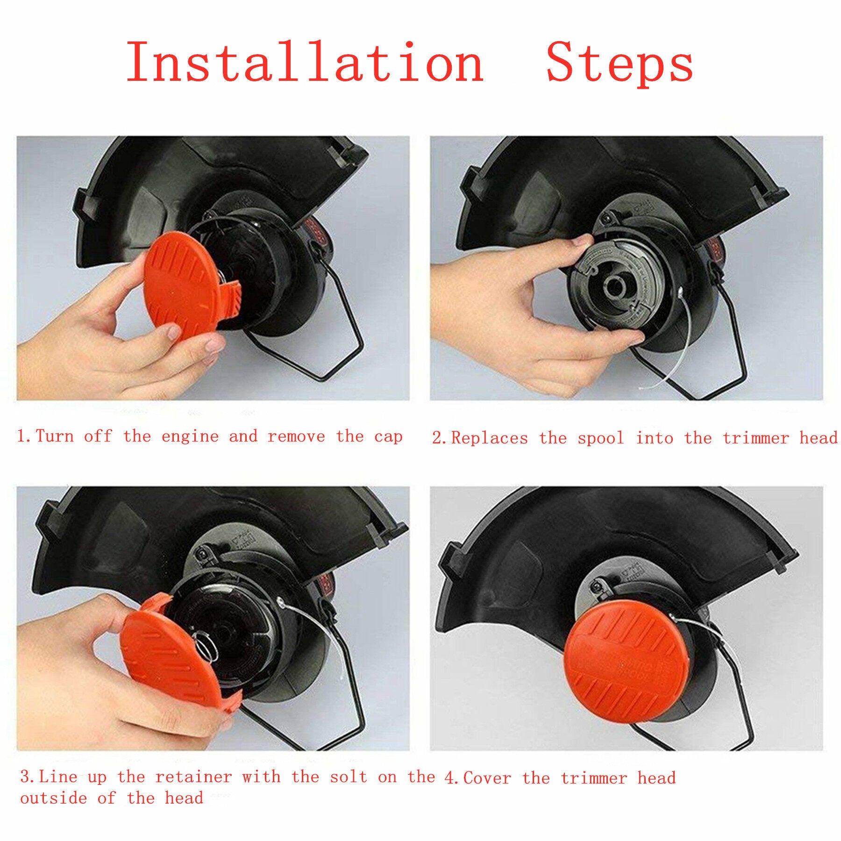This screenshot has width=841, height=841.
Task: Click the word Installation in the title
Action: pyautogui.click(x=305, y=63)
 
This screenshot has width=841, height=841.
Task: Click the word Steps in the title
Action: pyautogui.click(x=620, y=65)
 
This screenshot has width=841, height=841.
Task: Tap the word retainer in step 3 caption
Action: pyautogui.click(x=193, y=777)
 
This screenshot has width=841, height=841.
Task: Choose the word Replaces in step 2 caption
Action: pyautogui.click(x=489, y=439)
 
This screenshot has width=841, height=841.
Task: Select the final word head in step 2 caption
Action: pyautogui.click(x=819, y=438)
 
